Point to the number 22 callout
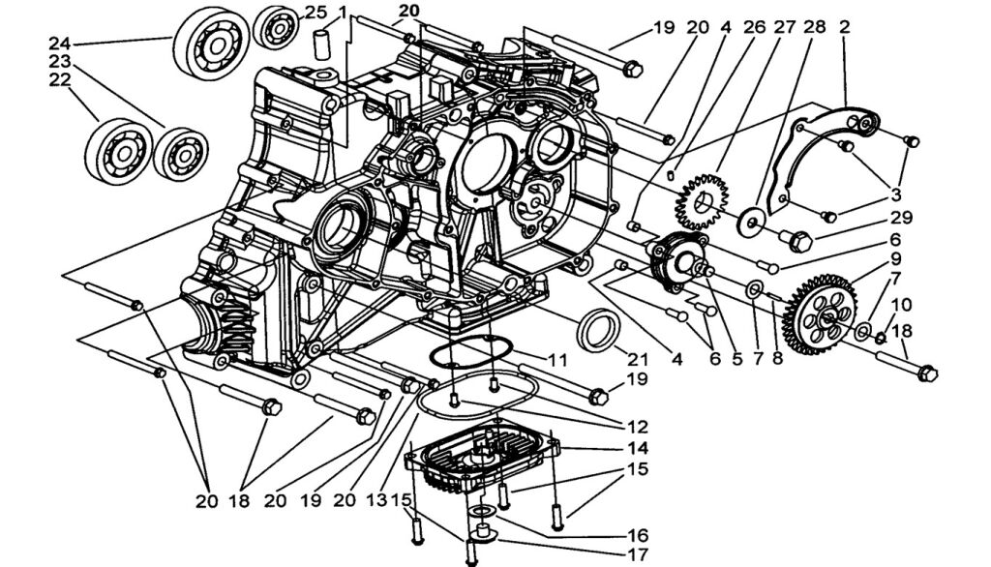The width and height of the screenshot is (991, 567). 60,80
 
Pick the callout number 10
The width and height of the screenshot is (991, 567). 901,305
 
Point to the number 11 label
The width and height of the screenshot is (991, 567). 555,359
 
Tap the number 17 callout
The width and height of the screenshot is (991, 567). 636,556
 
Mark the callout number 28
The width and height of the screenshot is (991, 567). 815,27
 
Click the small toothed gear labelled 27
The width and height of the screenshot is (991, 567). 699,200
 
